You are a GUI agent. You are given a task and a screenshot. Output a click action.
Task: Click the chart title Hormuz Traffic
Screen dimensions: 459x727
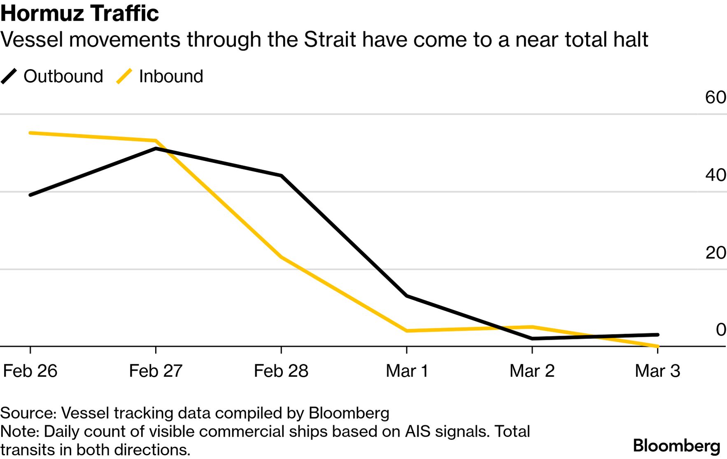pyautogui.click(x=79, y=13)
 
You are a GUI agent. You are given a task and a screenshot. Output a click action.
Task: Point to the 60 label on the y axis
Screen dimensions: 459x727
pyautogui.click(x=715, y=97)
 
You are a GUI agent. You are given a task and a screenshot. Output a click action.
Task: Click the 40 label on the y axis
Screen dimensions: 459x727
pyautogui.click(x=715, y=175)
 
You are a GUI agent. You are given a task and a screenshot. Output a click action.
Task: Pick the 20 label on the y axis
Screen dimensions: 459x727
pyautogui.click(x=715, y=253)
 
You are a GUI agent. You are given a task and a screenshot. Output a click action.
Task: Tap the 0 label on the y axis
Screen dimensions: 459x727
pyautogui.click(x=721, y=330)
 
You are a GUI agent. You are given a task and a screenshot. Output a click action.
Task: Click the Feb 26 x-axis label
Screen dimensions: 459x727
pyautogui.click(x=30, y=371)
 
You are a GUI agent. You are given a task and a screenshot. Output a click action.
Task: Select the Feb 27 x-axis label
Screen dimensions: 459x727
pyautogui.click(x=156, y=371)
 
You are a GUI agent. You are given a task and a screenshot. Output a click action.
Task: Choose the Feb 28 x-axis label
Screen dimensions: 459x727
pyautogui.click(x=281, y=371)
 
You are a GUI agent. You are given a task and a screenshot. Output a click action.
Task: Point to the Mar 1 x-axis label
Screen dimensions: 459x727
pyautogui.click(x=407, y=371)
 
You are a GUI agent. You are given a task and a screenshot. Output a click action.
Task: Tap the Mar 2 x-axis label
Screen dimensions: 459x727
pyautogui.click(x=532, y=371)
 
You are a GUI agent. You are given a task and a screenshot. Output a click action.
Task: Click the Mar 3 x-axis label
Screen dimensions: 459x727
pyautogui.click(x=657, y=371)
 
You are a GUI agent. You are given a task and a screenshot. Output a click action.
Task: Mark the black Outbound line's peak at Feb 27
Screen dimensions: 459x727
pyautogui.click(x=156, y=148)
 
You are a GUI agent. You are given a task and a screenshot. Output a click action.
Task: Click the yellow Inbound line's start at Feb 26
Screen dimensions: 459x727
pyautogui.click(x=30, y=133)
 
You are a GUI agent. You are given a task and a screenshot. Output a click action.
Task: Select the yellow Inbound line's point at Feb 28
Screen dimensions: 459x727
pyautogui.click(x=281, y=257)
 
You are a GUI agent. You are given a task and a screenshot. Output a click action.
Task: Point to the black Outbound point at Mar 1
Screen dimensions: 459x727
pyautogui.click(x=407, y=296)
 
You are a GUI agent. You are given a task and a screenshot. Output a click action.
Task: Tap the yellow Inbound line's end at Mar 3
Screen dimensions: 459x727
pyautogui.click(x=657, y=346)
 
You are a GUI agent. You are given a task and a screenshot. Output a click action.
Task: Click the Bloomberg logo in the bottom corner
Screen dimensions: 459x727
pyautogui.click(x=676, y=446)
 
